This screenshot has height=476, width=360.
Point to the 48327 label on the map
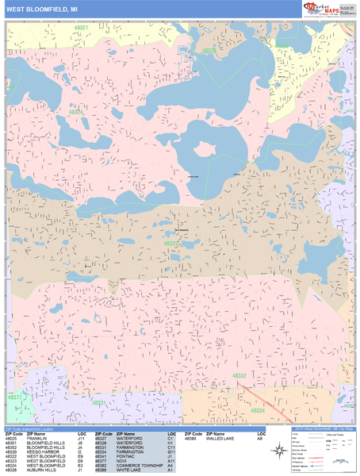pos(81,27)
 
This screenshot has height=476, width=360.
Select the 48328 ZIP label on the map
pos(209,50)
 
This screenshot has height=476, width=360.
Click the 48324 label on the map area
pos(76,113)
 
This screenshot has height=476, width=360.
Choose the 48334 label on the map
pos(258,411)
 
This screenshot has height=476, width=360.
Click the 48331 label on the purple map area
pos(99,403)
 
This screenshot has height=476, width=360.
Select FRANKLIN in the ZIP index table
pos(37,438)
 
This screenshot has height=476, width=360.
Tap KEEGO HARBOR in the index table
pos(43,452)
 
